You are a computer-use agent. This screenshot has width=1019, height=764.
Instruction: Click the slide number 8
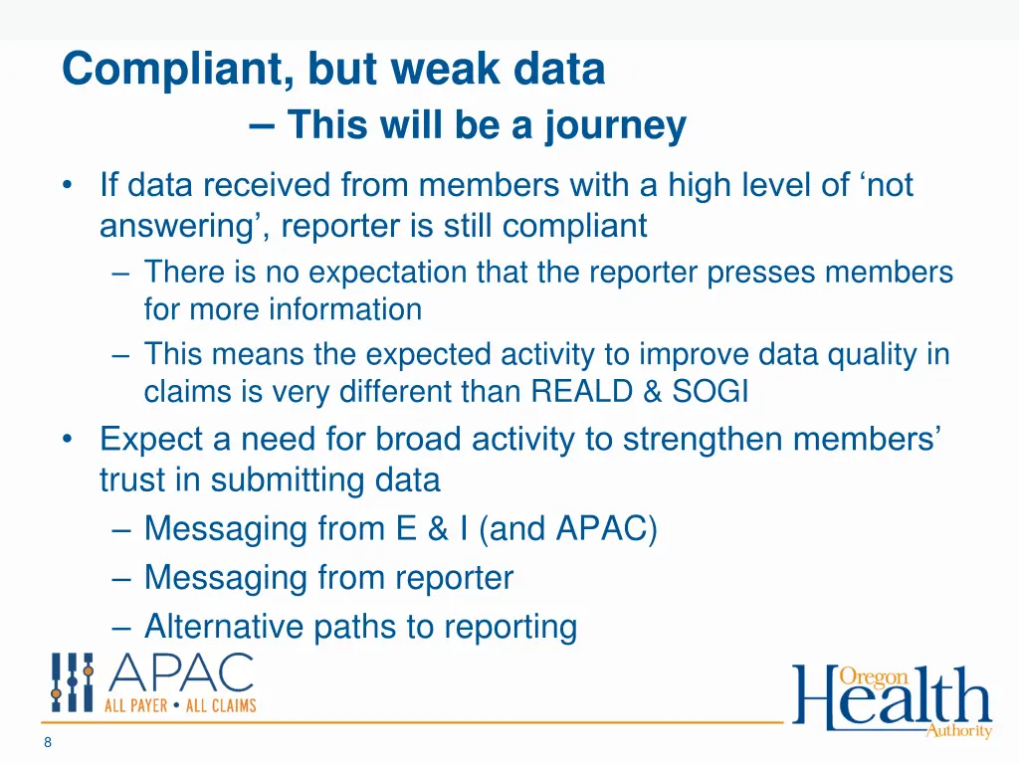tap(48, 742)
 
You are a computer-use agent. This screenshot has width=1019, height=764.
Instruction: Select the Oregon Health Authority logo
tap(892, 700)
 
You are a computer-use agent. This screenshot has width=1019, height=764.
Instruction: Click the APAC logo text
tap(181, 674)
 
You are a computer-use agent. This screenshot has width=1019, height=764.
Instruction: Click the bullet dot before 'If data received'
tap(68, 186)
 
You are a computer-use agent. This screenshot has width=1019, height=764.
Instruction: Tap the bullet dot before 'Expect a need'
tap(68, 439)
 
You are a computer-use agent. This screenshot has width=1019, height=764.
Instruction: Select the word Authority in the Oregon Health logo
tap(958, 731)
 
